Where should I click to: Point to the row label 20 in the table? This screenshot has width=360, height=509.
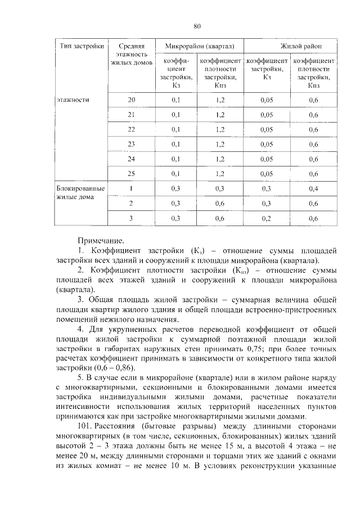point(132,100)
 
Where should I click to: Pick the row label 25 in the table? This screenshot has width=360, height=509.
point(132,173)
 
